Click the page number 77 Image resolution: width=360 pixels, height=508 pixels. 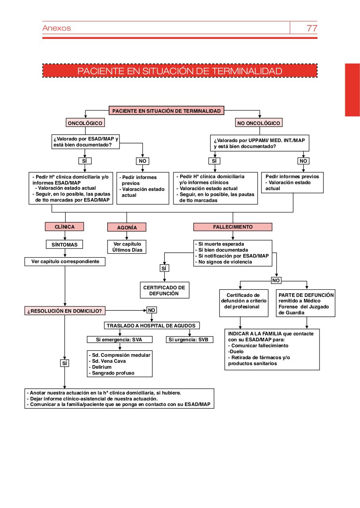(x=312, y=28)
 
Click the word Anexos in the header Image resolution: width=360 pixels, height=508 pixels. (x=56, y=28)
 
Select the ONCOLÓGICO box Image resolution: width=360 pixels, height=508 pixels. (x=85, y=123)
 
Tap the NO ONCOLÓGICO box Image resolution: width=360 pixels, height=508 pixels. (x=258, y=123)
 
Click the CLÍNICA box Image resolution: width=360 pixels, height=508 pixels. (x=64, y=227)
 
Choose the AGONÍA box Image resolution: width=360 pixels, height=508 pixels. (x=127, y=227)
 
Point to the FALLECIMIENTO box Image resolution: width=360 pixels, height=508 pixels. (x=233, y=227)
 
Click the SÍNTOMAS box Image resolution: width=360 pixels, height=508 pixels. (x=64, y=244)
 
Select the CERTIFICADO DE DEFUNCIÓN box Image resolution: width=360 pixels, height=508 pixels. (x=164, y=291)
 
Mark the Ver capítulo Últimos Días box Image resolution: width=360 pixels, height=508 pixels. (x=127, y=247)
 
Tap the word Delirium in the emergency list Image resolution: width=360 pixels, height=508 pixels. (x=102, y=367)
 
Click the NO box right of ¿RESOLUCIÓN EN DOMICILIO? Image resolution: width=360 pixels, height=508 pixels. (x=152, y=310)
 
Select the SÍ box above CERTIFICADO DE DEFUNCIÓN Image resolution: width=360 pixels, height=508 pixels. (x=164, y=268)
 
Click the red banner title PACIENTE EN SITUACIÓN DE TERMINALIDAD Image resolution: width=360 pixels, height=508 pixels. (x=180, y=71)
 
